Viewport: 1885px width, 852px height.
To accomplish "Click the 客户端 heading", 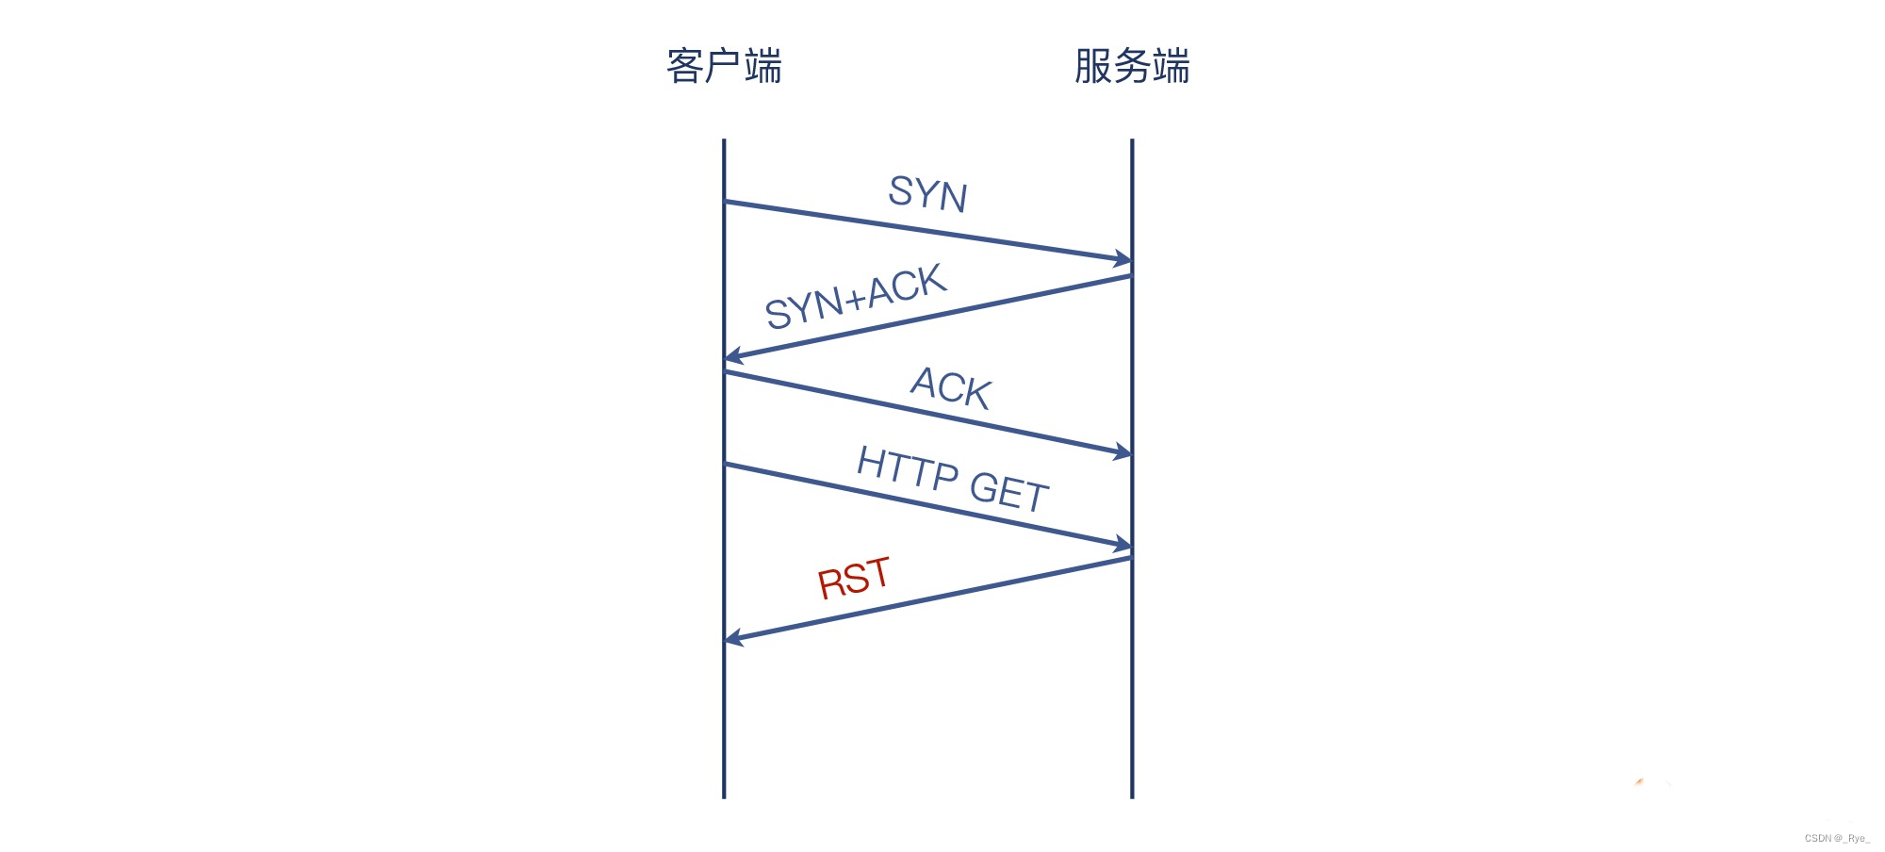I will pyautogui.click(x=724, y=66).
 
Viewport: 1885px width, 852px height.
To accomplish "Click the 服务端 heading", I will pyautogui.click(x=1132, y=66).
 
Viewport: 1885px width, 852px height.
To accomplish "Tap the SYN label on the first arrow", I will pyautogui.click(x=928, y=194).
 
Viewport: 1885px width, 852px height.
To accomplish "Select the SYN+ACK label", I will pyautogui.click(x=856, y=296).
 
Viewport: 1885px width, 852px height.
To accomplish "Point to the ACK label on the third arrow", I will pyautogui.click(x=951, y=387).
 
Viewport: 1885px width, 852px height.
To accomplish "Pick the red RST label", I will pyautogui.click(x=854, y=578).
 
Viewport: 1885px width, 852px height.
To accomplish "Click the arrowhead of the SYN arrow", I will pyautogui.click(x=1123, y=259).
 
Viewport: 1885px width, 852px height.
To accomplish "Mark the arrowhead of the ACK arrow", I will pyautogui.click(x=1123, y=453).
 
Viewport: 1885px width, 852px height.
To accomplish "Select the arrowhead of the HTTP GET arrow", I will pyautogui.click(x=1123, y=545).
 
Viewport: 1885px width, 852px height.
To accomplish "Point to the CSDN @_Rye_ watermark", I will pyautogui.click(x=1837, y=838).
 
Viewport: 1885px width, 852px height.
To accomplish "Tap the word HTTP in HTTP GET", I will pyautogui.click(x=908, y=467).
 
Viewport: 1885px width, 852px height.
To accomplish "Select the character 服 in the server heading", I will pyautogui.click(x=1093, y=66).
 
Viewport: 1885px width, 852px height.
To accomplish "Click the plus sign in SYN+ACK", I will pyautogui.click(x=855, y=299).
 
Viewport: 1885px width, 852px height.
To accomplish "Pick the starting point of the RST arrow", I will pyautogui.click(x=1131, y=558).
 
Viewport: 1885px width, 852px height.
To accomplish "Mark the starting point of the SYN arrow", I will pyautogui.click(x=725, y=201).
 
